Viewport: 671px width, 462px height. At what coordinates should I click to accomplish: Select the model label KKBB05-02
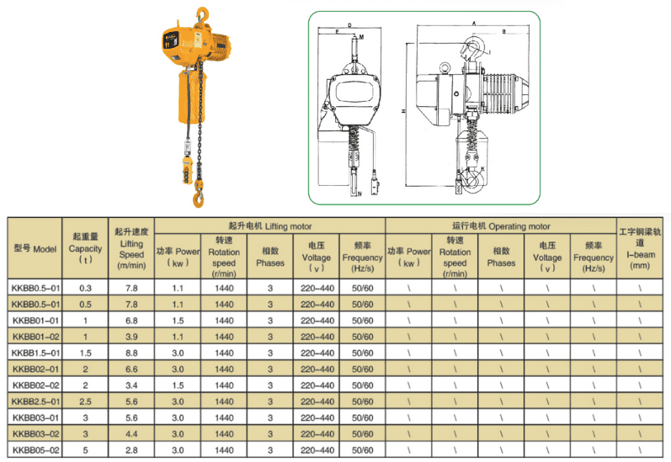point(35,451)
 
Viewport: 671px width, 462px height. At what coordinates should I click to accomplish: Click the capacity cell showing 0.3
point(85,289)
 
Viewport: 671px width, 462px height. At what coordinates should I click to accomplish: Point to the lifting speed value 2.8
point(131,451)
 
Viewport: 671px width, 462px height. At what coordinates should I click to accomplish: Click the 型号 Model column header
point(35,249)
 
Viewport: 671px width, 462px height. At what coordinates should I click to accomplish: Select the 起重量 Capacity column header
point(85,249)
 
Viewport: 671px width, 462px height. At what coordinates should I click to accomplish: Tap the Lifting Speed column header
point(131,248)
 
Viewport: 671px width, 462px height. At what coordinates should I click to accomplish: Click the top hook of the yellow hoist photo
point(201,14)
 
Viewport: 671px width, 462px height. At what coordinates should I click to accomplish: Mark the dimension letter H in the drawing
point(404,110)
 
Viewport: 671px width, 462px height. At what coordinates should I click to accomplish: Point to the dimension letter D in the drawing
point(349,25)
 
